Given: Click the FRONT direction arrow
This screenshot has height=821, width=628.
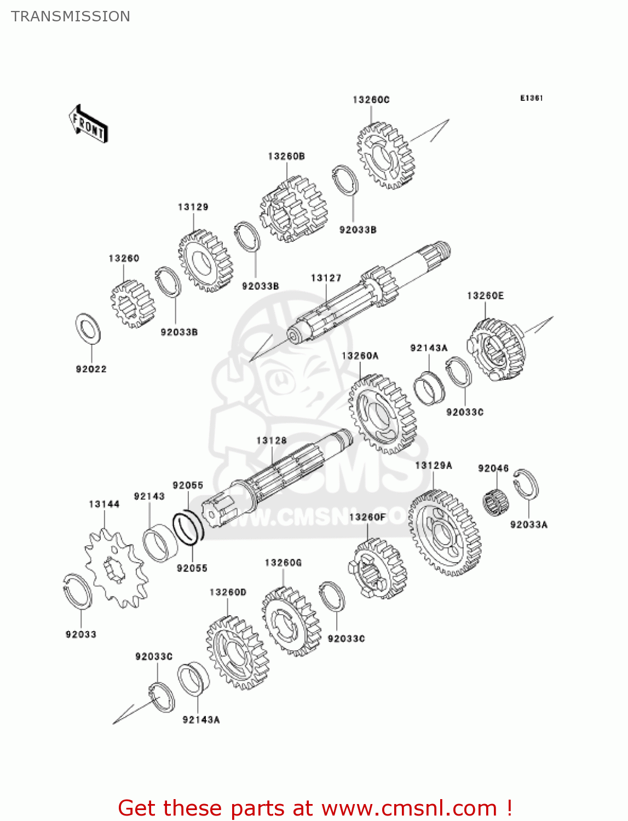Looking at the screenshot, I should click(x=88, y=124).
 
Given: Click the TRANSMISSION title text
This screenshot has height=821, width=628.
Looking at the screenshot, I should click(x=71, y=16).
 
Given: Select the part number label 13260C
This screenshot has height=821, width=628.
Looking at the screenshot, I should click(x=371, y=100).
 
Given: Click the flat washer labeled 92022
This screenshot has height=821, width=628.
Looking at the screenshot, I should click(x=88, y=329).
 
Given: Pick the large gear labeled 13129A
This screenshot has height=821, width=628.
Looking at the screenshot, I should click(x=445, y=533).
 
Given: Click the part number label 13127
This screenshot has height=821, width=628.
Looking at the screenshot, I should click(x=326, y=278).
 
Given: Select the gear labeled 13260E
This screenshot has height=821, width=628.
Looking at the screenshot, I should click(x=496, y=349).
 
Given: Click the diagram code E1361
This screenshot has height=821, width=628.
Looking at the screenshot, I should click(x=531, y=98).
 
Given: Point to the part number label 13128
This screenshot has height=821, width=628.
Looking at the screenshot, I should click(x=271, y=441).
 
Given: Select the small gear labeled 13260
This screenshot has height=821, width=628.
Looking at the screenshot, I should click(x=132, y=304).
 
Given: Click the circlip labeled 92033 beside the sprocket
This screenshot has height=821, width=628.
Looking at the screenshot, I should click(x=78, y=591).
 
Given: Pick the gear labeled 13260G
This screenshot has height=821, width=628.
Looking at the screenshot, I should click(x=291, y=621).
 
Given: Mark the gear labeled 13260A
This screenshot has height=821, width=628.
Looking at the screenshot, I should click(x=382, y=414).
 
